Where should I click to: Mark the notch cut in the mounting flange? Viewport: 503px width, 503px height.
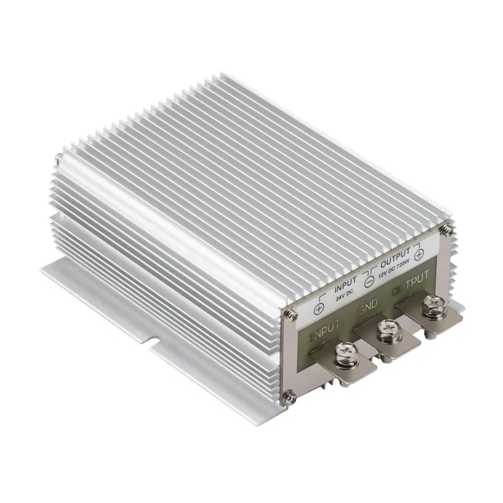151,342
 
